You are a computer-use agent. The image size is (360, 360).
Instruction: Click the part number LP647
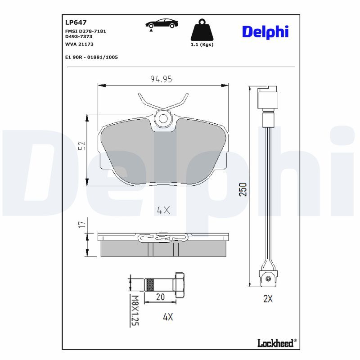tap(76, 22)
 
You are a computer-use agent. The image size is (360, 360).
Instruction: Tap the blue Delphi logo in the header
tap(265, 31)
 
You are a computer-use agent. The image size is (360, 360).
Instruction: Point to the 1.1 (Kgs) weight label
tap(202, 45)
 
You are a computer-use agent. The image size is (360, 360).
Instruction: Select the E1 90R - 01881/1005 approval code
tap(91, 58)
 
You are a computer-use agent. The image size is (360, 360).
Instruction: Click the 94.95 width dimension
tap(162, 79)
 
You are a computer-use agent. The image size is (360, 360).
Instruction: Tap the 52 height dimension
tap(82, 145)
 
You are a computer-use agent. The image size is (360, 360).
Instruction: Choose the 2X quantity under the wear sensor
tap(268, 299)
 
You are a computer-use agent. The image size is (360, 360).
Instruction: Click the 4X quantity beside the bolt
tap(167, 317)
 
